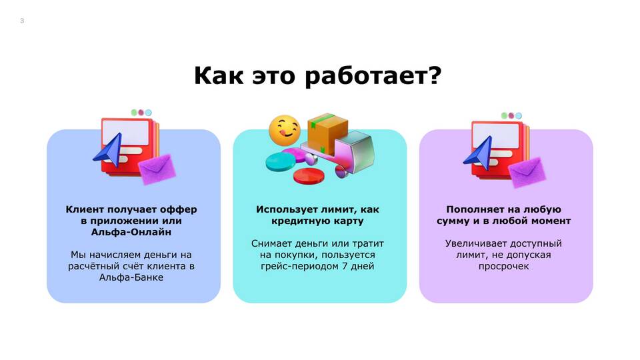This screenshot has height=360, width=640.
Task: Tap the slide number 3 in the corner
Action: (22, 21)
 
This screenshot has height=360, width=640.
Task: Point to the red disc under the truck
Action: (309, 176)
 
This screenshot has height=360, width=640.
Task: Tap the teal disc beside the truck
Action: (281, 161)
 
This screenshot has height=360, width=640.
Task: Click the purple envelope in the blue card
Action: (157, 168)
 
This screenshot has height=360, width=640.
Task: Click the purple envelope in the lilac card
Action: (527, 172)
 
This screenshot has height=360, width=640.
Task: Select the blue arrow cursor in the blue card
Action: (109, 150)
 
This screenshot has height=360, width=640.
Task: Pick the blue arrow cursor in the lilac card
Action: (479, 153)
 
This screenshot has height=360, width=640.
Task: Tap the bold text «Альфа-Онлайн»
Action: (131, 232)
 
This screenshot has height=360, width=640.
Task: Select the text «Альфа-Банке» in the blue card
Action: (131, 277)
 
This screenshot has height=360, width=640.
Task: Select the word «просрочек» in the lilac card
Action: (504, 267)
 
